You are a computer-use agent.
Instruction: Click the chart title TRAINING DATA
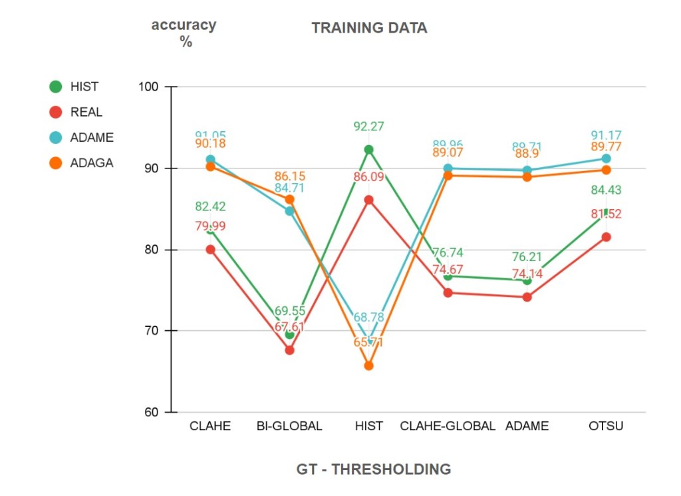(x=369, y=28)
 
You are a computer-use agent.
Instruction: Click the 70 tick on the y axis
(x=151, y=331)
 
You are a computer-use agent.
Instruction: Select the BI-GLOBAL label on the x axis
(x=289, y=426)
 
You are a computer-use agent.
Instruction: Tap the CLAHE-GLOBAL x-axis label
(x=448, y=426)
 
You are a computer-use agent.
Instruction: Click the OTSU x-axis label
(x=606, y=426)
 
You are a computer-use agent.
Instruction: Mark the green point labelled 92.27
(x=368, y=150)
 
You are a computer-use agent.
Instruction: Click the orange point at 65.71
(x=368, y=366)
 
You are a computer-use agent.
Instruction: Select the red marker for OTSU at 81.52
(x=606, y=237)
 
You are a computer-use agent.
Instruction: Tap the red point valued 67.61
(x=289, y=350)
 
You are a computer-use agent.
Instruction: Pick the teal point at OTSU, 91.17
(x=606, y=158)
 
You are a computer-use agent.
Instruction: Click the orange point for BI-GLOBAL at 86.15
(x=289, y=200)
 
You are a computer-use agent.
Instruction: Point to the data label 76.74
(x=448, y=253)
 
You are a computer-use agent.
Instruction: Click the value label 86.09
(x=368, y=177)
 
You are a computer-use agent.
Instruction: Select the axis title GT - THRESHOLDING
(x=373, y=469)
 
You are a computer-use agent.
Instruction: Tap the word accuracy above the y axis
(x=184, y=25)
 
